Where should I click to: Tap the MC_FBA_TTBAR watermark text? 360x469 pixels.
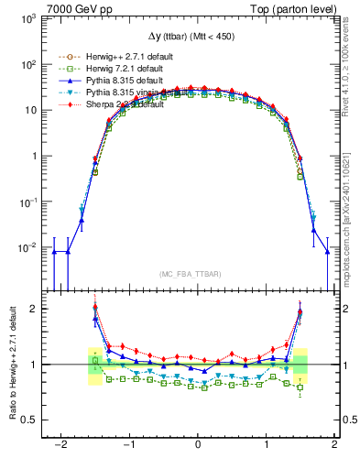[198, 274]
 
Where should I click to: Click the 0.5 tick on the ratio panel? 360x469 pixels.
[27, 420]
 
